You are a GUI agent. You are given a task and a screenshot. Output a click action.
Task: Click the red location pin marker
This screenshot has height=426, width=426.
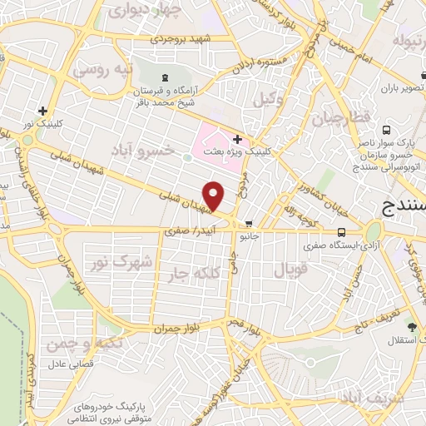[x=214, y=196]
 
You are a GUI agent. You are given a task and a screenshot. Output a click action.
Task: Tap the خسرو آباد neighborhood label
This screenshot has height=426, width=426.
[x=146, y=148]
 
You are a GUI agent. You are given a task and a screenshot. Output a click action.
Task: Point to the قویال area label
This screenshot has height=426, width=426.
[x=290, y=270]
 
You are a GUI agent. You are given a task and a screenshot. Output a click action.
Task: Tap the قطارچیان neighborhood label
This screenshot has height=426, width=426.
[x=339, y=119]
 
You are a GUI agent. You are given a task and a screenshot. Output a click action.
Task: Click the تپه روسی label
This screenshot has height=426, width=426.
[x=103, y=71]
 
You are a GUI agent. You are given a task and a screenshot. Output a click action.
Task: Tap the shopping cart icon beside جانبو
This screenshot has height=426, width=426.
[x=249, y=223]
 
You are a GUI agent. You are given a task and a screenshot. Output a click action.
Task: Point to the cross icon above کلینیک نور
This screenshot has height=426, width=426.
[x=42, y=111]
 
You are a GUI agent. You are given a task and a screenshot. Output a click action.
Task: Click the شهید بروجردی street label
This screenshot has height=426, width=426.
[x=186, y=39]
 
